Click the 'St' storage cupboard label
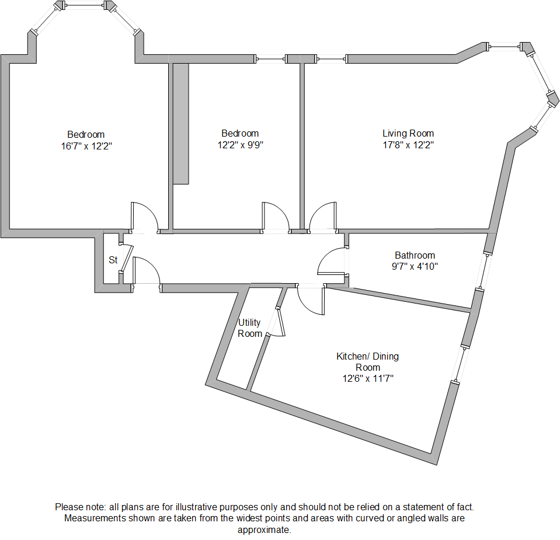tap(113, 260)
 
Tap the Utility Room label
tap(250, 328)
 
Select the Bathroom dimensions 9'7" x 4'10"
tap(415, 266)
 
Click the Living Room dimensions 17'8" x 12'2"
tap(408, 145)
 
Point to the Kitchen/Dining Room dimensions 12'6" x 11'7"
tap(367, 378)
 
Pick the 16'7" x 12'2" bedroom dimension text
tap(86, 146)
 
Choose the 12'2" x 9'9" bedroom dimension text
tap(240, 145)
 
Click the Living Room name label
tap(408, 133)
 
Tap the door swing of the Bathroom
tap(332, 261)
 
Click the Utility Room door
tap(280, 323)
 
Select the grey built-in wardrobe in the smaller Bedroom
tap(181, 123)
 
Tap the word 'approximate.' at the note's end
tap(264, 530)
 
